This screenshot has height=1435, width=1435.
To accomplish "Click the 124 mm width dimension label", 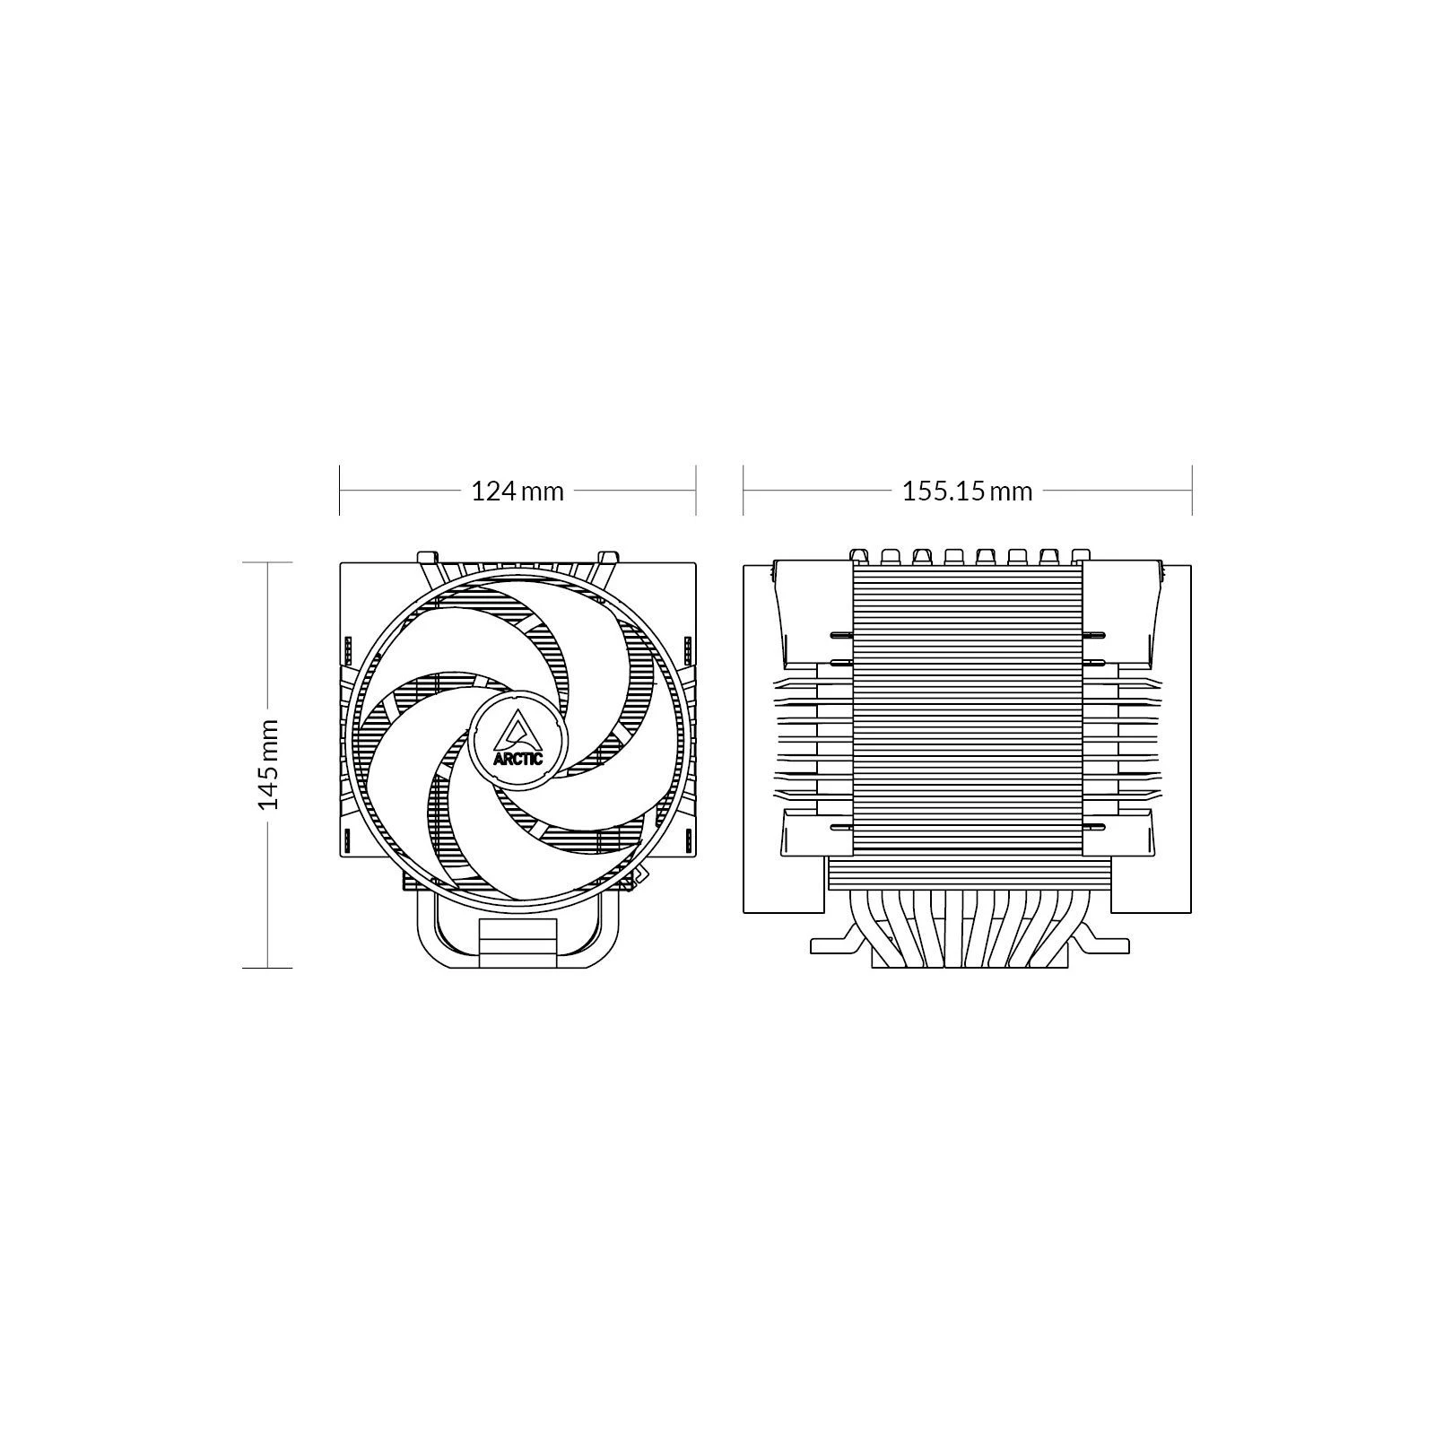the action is tap(517, 491).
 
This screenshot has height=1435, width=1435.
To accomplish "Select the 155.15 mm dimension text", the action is tap(967, 491).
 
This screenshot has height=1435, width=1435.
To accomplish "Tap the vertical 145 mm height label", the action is tap(269, 764).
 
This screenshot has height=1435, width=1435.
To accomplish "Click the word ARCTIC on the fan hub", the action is tap(517, 758).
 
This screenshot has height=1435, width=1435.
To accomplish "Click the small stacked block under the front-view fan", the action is tap(518, 943).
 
